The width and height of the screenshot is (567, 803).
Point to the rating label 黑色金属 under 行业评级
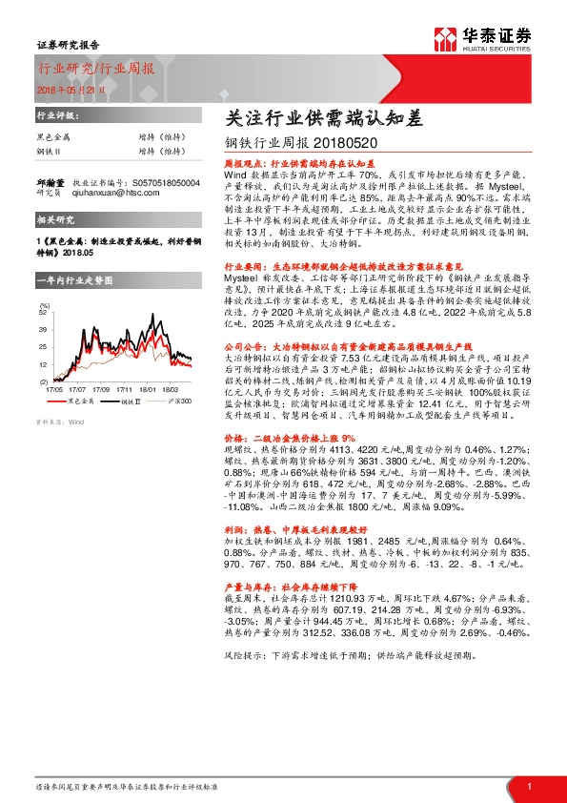pyautogui.click(x=52, y=137)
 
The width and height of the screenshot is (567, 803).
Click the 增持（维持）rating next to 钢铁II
pyautogui.click(x=160, y=151)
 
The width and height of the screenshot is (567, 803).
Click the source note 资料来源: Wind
pyautogui.click(x=60, y=421)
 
